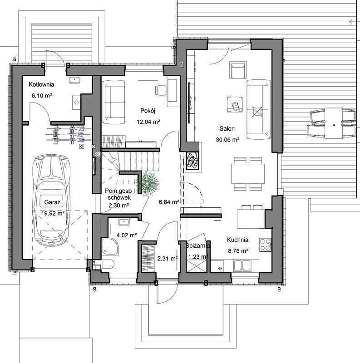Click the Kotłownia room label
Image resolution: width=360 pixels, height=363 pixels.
41,84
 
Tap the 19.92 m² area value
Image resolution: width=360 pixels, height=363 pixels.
53,213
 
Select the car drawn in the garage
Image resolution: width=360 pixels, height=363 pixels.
52,200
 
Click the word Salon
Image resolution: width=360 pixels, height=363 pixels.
227,128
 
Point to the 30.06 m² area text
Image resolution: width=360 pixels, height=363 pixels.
227,140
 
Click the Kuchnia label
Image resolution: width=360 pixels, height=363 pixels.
238,240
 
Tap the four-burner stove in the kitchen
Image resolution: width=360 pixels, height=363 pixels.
265,245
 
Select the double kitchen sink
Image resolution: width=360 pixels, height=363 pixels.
242,265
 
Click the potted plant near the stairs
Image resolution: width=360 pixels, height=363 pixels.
148,182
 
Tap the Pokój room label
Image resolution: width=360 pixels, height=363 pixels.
148,111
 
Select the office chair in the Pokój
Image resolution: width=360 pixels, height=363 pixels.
160,90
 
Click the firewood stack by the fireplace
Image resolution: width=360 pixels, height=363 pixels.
192,160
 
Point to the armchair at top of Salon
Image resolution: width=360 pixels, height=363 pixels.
238,70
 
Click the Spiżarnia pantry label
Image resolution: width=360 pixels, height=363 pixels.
198,246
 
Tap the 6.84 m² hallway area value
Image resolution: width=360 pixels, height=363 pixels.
169,202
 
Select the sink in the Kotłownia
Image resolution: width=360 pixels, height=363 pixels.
74,80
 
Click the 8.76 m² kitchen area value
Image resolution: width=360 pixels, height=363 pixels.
238,251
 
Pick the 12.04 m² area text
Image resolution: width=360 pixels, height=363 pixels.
148,122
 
